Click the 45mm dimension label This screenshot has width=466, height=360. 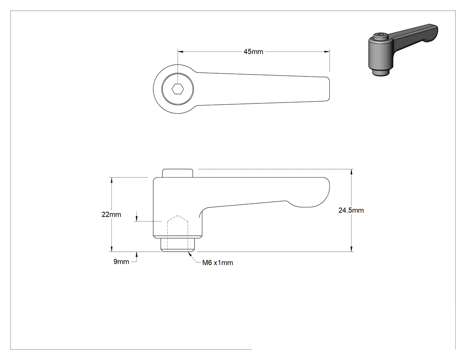coord(253,52)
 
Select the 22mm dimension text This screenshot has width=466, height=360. coord(111,215)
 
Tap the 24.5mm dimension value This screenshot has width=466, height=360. coord(351,210)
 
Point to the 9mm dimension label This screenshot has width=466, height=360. coord(121,261)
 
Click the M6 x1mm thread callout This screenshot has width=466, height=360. coord(217,263)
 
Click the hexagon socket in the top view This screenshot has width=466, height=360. coord(178,89)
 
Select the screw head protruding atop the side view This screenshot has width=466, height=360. coord(178,173)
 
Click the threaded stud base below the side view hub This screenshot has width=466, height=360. coord(178,245)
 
